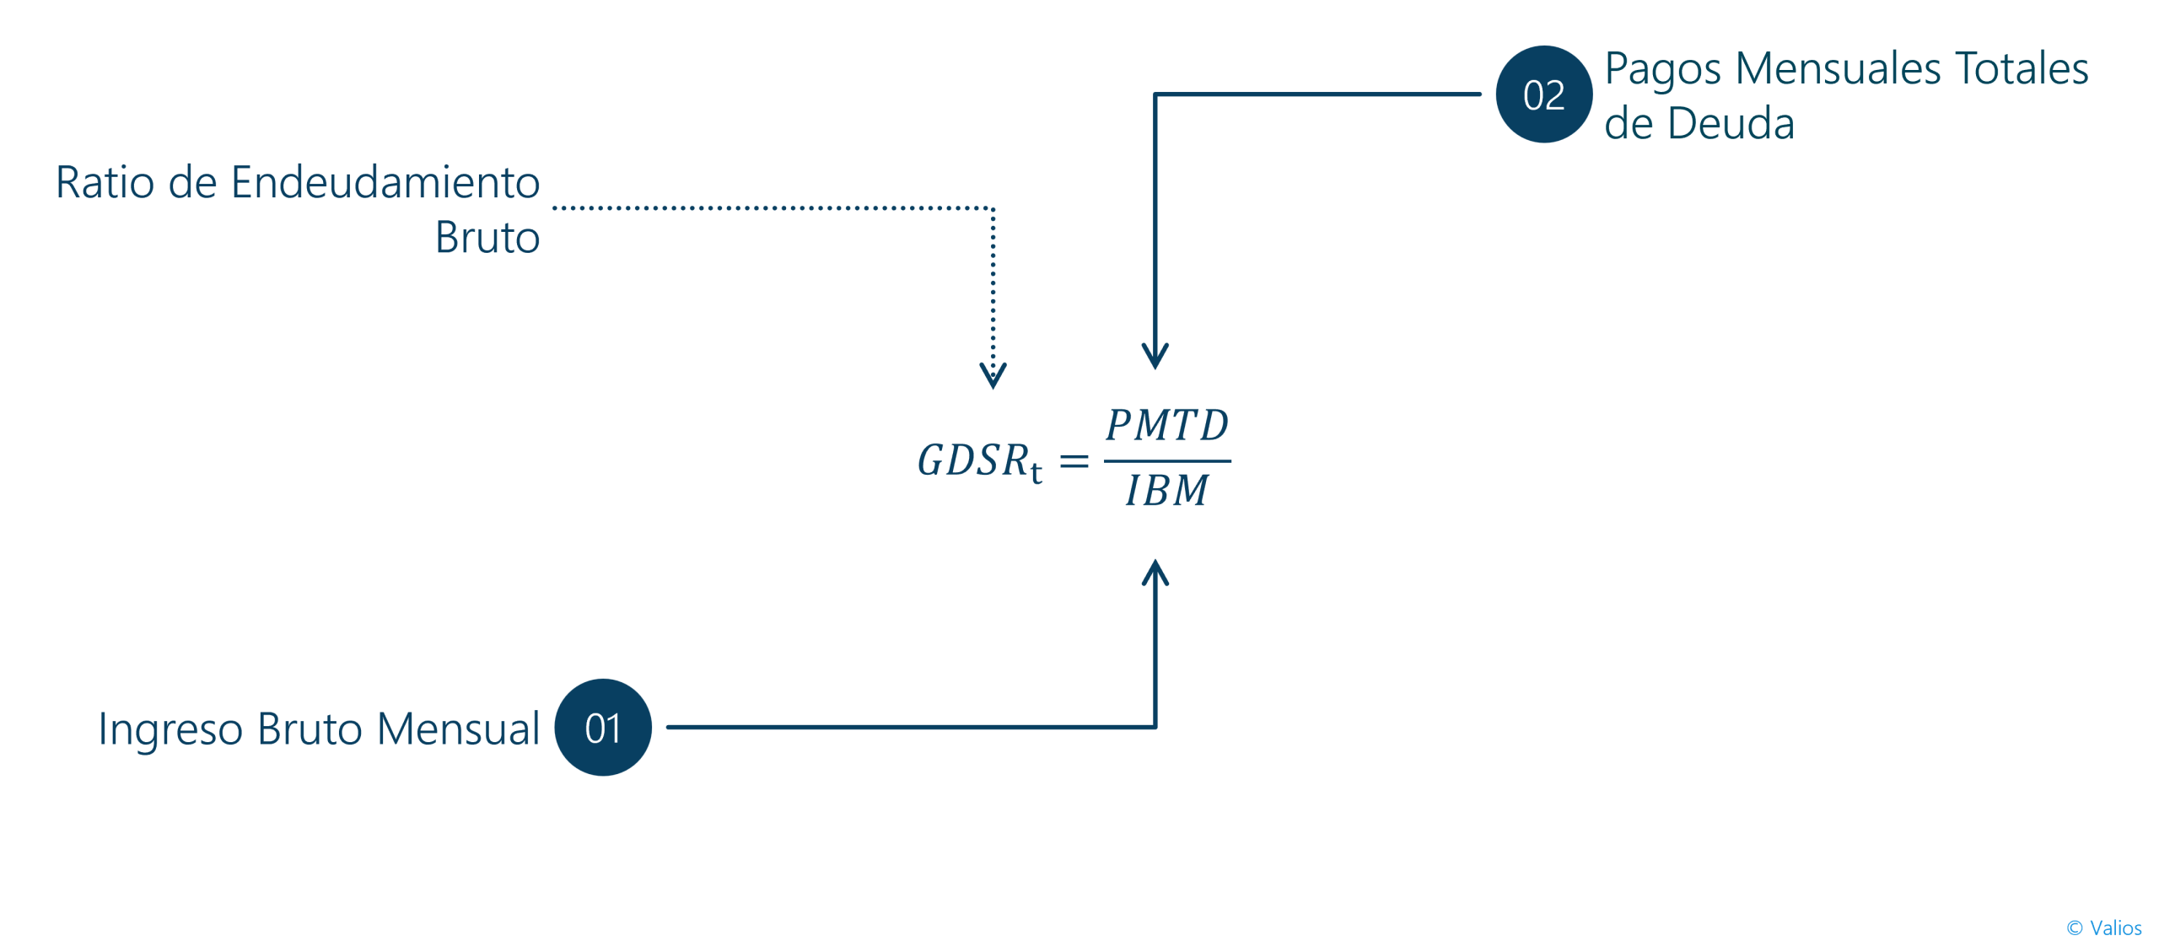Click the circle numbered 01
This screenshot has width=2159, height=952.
(602, 727)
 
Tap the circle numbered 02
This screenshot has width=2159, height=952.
(1543, 94)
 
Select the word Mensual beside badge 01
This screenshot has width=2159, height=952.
(458, 729)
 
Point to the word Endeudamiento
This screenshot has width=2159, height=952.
(385, 181)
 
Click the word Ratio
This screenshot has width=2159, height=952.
(105, 182)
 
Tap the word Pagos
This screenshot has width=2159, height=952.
(1662, 70)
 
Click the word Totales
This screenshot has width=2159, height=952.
(2022, 68)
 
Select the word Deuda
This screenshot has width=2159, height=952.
(1731, 123)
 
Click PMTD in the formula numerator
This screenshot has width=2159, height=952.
(1167, 425)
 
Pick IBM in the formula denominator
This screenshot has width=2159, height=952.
(1167, 490)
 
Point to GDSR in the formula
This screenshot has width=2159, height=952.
(973, 460)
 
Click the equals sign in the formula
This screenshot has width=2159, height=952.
(1074, 461)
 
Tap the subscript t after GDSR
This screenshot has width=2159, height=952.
(1036, 472)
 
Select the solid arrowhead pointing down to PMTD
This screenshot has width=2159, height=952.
(1155, 356)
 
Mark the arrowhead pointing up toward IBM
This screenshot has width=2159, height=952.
(1155, 573)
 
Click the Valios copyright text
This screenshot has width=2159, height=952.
(2103, 928)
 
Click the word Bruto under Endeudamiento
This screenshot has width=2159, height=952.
(487, 237)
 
